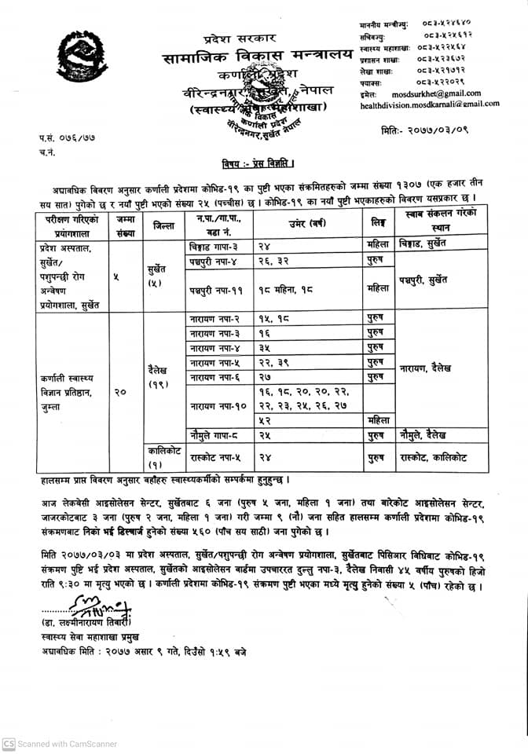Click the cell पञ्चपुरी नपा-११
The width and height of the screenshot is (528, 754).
click(217, 289)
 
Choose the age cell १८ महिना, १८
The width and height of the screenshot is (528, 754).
click(288, 289)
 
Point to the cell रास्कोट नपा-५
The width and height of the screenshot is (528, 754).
click(216, 456)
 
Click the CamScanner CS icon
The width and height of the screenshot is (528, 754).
click(8, 743)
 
